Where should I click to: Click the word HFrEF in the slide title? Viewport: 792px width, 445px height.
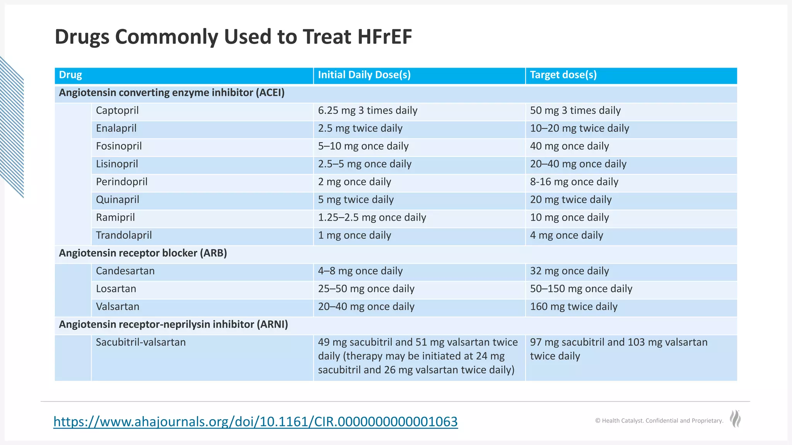384,37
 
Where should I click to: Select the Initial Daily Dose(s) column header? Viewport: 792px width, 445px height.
364,75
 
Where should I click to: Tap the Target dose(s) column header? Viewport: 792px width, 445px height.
563,75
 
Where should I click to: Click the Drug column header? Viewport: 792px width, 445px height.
70,75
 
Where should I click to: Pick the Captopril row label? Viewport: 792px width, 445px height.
117,110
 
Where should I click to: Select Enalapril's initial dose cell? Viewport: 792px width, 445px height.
360,128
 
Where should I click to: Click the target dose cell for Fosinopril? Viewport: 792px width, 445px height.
569,146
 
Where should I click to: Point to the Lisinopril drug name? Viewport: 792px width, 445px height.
117,164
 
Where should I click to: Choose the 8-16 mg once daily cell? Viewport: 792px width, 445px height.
574,182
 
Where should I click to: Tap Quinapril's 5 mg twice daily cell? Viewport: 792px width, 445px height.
356,200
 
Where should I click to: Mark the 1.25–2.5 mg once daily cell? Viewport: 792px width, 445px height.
372,217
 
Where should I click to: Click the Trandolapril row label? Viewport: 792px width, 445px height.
124,235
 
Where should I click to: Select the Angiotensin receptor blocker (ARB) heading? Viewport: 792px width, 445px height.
143,253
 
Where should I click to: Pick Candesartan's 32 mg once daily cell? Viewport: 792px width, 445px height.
569,271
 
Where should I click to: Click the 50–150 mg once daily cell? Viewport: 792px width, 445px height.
581,289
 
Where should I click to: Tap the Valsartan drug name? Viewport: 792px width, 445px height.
118,307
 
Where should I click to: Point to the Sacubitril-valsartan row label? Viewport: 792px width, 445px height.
141,342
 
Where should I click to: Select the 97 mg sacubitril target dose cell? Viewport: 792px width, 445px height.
618,349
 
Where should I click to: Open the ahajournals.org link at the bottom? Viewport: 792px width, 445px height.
255,421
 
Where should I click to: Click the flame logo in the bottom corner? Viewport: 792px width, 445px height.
735,419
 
